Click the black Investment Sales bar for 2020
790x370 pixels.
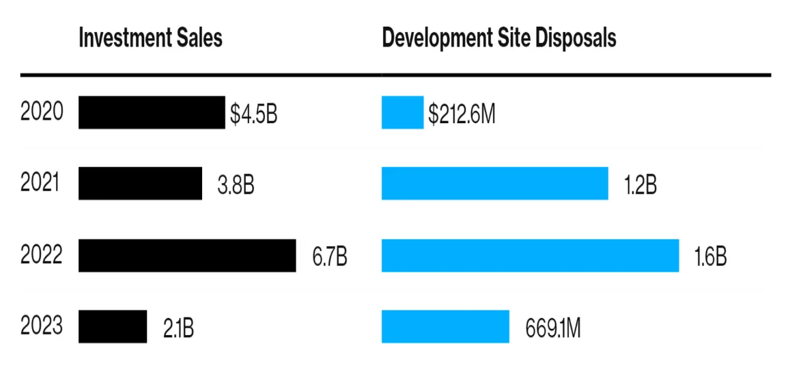click(x=152, y=113)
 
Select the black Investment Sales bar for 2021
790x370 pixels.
click(x=140, y=184)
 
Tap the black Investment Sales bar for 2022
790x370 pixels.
click(x=187, y=255)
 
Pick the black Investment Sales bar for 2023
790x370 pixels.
click(x=113, y=327)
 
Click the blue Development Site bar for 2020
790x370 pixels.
click(x=403, y=113)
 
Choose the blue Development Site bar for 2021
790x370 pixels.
click(x=495, y=184)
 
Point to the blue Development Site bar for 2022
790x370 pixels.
click(x=531, y=255)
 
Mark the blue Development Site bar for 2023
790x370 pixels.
click(x=445, y=327)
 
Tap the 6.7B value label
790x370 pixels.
click(x=330, y=257)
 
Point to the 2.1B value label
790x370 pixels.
click(x=178, y=329)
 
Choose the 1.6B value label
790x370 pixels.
click(x=710, y=257)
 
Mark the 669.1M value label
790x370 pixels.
click(x=553, y=329)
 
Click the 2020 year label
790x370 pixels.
click(x=42, y=112)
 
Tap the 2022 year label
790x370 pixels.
click(x=42, y=255)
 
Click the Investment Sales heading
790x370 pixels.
click(x=151, y=38)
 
